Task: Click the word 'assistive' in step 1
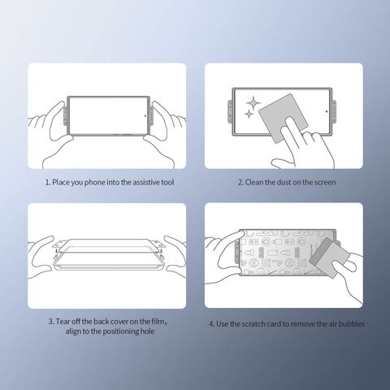144,182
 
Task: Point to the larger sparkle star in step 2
253,103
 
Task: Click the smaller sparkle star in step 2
249,115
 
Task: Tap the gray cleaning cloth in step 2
283,119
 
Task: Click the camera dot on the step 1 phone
145,115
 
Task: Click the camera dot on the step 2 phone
327,111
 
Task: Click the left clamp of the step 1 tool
65,116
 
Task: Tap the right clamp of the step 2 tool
334,111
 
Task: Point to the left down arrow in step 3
56,250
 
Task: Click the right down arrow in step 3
162,250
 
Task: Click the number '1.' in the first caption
48,182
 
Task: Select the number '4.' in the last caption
211,324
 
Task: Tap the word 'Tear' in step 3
63,322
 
